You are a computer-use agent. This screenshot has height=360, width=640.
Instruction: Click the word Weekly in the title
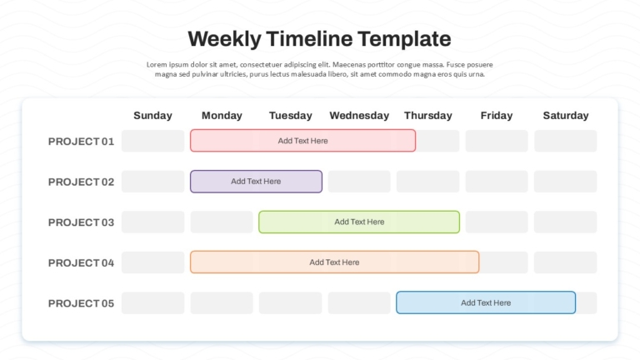(x=224, y=40)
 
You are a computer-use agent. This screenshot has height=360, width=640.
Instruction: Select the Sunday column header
(x=153, y=116)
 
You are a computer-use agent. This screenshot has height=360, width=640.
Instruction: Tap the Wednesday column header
(x=359, y=116)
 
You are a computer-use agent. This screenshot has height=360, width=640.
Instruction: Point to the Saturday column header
(x=566, y=116)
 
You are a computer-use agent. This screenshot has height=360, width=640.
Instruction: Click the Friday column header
(x=497, y=116)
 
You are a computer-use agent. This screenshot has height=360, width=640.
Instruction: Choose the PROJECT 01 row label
(x=81, y=141)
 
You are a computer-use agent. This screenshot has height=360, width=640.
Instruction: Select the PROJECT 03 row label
(x=81, y=222)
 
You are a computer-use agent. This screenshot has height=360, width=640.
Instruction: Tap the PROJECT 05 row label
(x=81, y=303)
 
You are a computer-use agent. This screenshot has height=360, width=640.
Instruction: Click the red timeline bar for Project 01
(x=302, y=141)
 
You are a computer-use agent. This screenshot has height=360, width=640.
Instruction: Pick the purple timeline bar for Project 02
(x=256, y=181)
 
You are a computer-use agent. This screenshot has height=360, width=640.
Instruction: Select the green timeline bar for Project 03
(x=359, y=222)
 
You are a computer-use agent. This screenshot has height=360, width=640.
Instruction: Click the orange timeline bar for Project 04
(x=334, y=262)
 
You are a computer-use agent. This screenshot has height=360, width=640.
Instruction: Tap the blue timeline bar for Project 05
(x=486, y=302)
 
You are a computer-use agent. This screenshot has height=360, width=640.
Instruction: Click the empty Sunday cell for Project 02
(x=153, y=181)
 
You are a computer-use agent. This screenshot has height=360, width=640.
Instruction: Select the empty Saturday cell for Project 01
(x=566, y=141)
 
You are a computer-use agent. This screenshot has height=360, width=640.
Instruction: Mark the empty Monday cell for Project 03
(x=222, y=222)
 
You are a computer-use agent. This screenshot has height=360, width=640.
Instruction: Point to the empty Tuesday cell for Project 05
(x=290, y=302)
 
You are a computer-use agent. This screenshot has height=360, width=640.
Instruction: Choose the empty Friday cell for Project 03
(x=497, y=222)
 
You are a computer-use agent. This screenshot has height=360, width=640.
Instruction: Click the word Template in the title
(x=404, y=40)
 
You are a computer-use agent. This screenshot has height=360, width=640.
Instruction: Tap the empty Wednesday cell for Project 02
(x=359, y=181)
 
